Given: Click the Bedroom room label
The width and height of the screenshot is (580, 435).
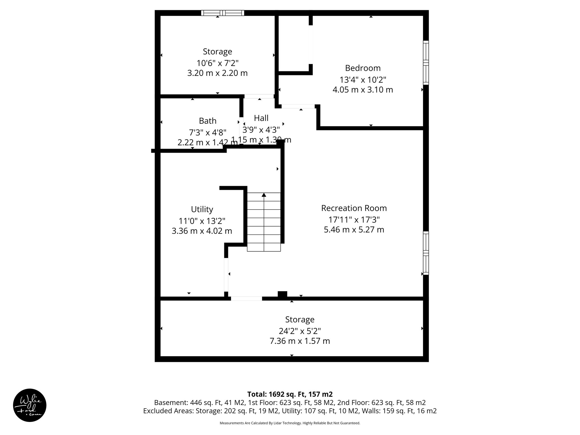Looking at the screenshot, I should click(x=362, y=68).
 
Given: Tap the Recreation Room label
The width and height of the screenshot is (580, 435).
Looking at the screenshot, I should click(x=354, y=208).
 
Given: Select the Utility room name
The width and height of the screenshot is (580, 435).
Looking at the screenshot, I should click(x=202, y=209).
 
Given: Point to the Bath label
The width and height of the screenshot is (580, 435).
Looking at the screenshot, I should click(x=208, y=121).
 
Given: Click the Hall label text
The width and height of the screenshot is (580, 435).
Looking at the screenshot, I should click(x=261, y=118).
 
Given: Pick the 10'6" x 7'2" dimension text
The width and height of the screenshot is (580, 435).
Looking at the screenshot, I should click(x=217, y=63).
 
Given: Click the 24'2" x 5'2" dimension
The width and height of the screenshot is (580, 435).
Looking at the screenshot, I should click(x=300, y=331).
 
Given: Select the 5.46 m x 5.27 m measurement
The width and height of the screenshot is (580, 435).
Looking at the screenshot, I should click(x=354, y=230).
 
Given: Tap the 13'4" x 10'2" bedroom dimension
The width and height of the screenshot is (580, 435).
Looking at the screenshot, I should click(x=362, y=80).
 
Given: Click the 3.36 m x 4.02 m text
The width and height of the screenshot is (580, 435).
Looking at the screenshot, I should click(x=202, y=231).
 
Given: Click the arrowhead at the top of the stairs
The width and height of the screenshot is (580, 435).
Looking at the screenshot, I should click(x=264, y=195).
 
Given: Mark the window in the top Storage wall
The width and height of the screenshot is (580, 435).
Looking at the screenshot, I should click(x=223, y=13).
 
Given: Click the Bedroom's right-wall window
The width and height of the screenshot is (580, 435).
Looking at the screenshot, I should click(x=426, y=63).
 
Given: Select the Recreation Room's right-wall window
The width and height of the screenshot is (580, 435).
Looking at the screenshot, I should click(x=426, y=253).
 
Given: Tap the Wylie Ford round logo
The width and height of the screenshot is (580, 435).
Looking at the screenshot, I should click(x=30, y=405).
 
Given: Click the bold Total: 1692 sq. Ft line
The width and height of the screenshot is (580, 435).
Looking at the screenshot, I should click(x=290, y=394).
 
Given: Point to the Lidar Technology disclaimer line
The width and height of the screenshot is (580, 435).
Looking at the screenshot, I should click(x=290, y=423).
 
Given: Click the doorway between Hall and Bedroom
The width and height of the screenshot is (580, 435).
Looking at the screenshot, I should click(x=298, y=106).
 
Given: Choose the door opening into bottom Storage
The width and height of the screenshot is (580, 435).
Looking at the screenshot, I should click(x=246, y=298).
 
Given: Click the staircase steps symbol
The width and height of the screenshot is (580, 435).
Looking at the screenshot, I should click(x=264, y=222).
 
